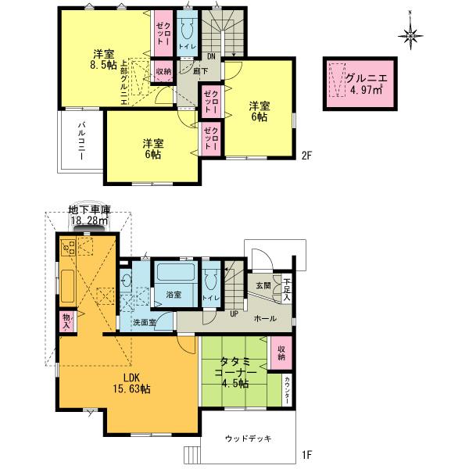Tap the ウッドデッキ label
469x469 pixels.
pos(248,439)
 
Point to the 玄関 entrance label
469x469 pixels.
pos(263,286)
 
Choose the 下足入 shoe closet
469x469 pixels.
pos(287,289)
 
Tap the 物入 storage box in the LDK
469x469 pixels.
pos(67,321)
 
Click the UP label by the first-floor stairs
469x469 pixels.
pos(233,314)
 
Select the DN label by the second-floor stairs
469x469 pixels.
pos(210,55)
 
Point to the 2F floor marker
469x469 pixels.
pos(307,155)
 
